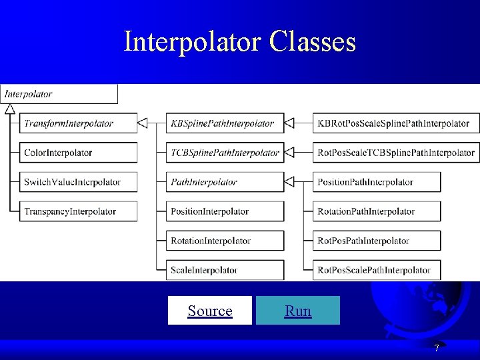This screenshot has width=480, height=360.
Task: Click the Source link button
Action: pyautogui.click(x=210, y=311)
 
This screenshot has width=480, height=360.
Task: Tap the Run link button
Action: pyautogui.click(x=297, y=311)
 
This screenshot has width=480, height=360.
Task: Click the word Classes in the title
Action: pyautogui.click(x=313, y=42)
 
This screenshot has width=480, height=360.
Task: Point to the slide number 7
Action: pyautogui.click(x=437, y=348)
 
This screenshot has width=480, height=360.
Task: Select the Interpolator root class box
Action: pyautogui.click(x=59, y=94)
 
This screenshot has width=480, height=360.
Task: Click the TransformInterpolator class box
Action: pyautogui.click(x=77, y=123)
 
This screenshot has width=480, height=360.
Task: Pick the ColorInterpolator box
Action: pyautogui.click(x=77, y=153)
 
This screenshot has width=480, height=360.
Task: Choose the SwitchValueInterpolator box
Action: pyautogui.click(x=77, y=182)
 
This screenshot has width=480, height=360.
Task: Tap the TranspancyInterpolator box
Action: pyautogui.click(x=77, y=211)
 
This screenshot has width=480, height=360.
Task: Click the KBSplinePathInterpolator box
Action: pyautogui.click(x=225, y=123)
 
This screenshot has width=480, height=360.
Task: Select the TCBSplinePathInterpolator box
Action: pyautogui.click(x=225, y=153)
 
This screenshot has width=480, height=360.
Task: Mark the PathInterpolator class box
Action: pyautogui.click(x=225, y=182)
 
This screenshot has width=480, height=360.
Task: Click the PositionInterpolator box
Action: pyautogui.click(x=225, y=211)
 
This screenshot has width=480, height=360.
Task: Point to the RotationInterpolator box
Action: pyautogui.click(x=225, y=241)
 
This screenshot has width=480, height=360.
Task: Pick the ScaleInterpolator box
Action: pyautogui.click(x=225, y=270)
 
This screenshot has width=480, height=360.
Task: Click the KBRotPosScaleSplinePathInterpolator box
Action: pyautogui.click(x=396, y=123)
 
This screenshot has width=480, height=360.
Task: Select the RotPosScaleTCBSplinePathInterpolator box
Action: pyautogui.click(x=396, y=153)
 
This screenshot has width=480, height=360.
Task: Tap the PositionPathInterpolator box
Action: pyautogui.click(x=377, y=182)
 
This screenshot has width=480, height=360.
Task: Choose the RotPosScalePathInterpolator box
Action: pyautogui.click(x=377, y=270)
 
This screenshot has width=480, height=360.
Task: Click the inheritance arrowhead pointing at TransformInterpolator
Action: pyautogui.click(x=143, y=123)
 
